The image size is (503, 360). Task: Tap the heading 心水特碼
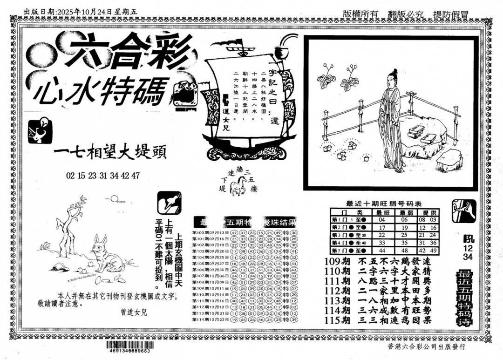(x=100, y=90)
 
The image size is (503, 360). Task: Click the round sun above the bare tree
(x=113, y=199)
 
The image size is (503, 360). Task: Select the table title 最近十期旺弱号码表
(x=384, y=204)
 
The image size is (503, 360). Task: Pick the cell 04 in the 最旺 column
(x=382, y=220)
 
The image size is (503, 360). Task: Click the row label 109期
(x=337, y=262)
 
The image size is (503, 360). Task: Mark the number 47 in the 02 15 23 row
(x=136, y=176)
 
